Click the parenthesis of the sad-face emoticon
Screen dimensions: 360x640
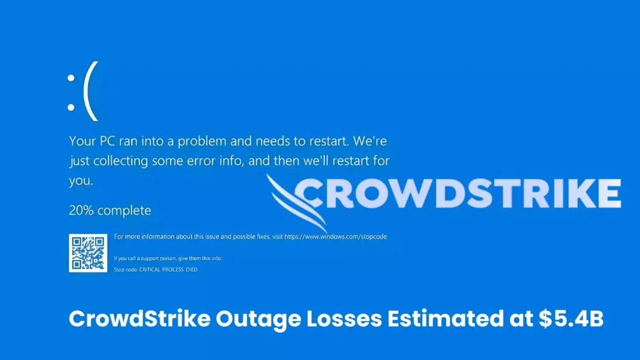click(91, 91)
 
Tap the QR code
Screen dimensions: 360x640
click(88, 253)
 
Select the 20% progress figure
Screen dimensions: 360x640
click(81, 210)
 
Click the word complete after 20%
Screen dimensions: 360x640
click(124, 210)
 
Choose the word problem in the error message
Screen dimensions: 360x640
click(203, 142)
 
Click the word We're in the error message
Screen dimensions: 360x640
click(370, 141)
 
